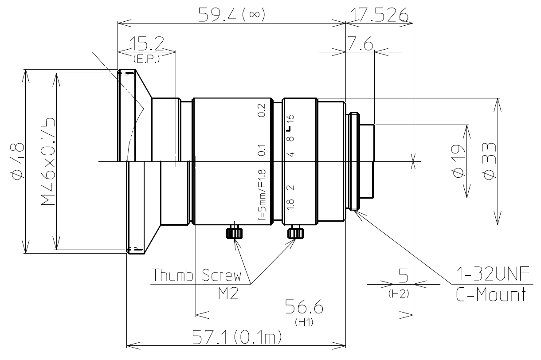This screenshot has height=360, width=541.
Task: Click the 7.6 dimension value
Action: [x=360, y=45]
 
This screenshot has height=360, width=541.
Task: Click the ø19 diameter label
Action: [x=459, y=162]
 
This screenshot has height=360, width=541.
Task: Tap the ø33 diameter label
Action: [x=488, y=162]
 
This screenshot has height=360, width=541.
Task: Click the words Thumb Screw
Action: [x=196, y=276]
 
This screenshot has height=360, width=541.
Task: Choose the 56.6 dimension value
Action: [x=304, y=307]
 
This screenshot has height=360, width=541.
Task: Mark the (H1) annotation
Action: [x=304, y=323]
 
